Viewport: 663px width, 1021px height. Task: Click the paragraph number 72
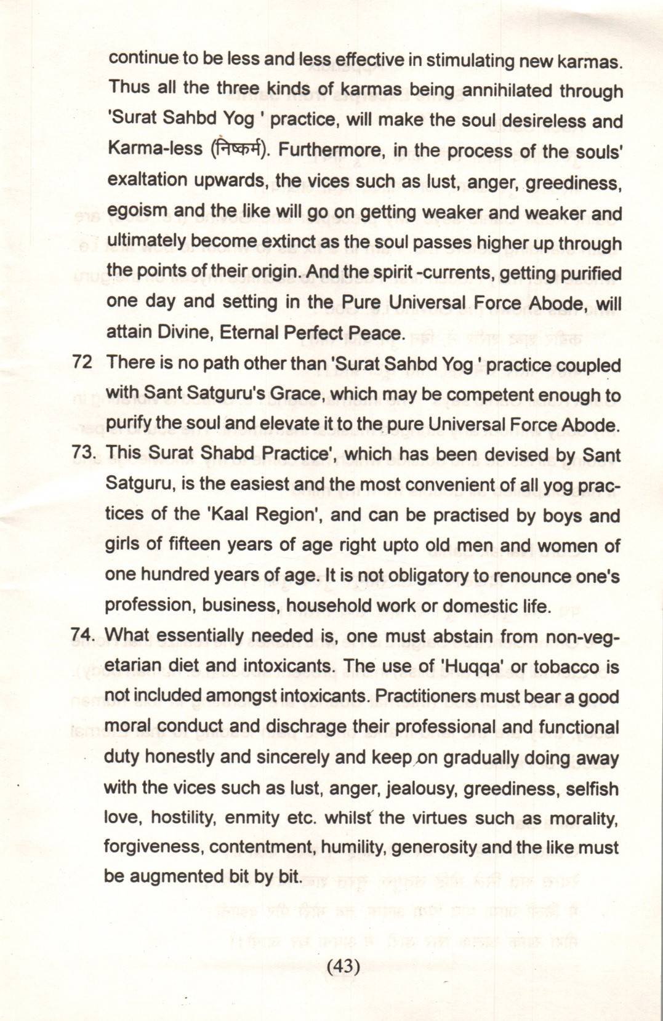coord(82,362)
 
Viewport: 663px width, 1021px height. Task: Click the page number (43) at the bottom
coord(343,966)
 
